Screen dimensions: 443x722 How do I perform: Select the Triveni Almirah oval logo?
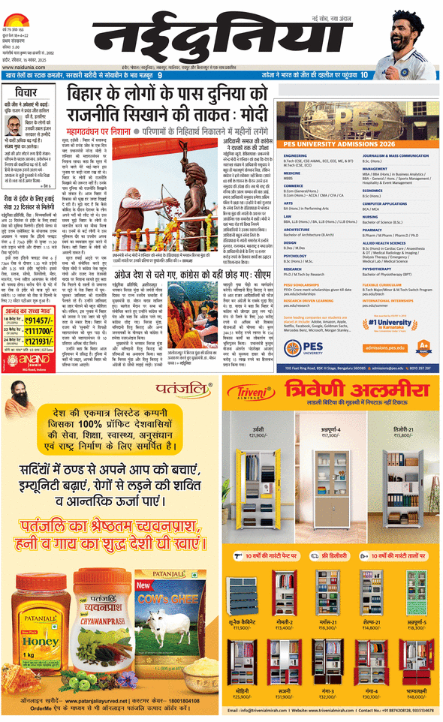(252, 399)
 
